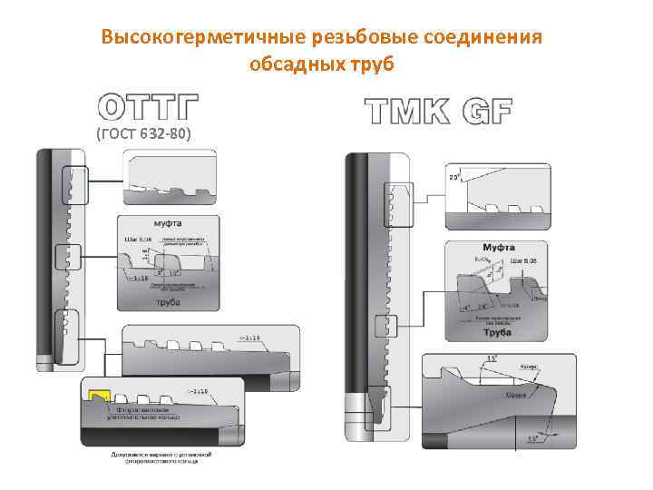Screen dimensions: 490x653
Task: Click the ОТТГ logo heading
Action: [148, 107]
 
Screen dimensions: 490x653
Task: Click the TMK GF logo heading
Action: [438, 111]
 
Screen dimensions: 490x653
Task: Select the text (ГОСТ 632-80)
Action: [143, 135]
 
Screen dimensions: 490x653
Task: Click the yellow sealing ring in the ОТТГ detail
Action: [97, 397]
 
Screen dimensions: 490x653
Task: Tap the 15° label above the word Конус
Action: [491, 359]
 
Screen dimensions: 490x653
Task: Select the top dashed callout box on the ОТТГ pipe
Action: [72, 186]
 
